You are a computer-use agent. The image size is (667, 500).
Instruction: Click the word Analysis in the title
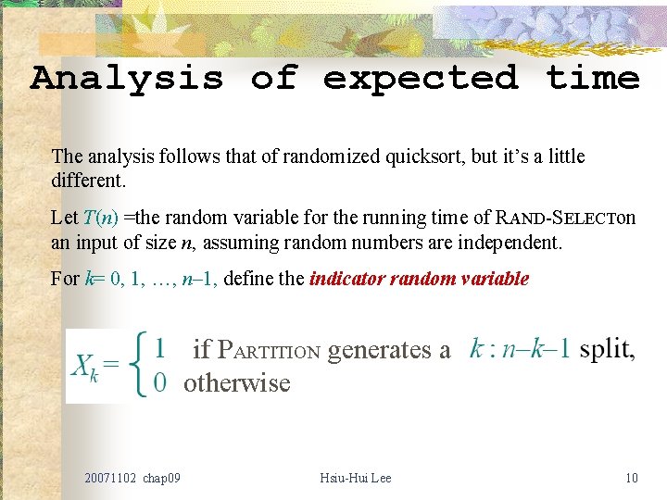click(x=127, y=78)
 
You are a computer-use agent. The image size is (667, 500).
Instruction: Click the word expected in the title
click(x=420, y=78)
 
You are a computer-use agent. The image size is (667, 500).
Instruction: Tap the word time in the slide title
click(x=593, y=78)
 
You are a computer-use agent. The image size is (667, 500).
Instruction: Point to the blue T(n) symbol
click(x=100, y=219)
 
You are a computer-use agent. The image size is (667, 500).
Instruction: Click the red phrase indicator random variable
click(x=419, y=279)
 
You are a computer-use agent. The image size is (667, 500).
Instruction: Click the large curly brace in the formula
click(x=140, y=366)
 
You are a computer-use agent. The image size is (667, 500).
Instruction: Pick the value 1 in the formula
click(x=160, y=349)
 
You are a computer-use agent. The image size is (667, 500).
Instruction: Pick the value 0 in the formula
click(x=160, y=382)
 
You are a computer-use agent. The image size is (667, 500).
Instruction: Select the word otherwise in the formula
click(x=236, y=382)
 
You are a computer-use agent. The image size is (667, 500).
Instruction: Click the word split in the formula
click(x=607, y=349)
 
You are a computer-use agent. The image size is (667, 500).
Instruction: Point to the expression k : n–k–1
click(x=520, y=349)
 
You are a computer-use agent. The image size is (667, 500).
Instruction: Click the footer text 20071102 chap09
click(x=132, y=478)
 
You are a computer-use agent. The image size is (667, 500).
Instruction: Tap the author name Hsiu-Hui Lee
click(x=355, y=478)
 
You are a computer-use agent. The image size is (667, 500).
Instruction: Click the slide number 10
click(x=632, y=478)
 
